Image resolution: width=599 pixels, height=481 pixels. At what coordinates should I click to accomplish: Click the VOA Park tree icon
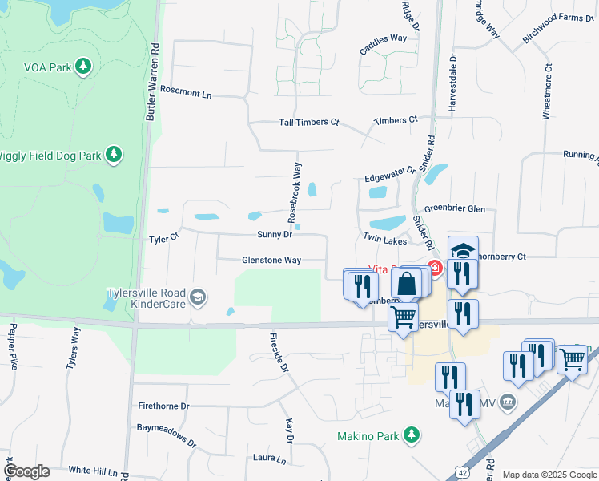click(82, 67)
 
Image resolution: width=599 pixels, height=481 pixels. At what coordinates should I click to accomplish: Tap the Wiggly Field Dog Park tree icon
click(114, 154)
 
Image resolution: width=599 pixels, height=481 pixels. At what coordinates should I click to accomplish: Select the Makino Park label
click(367, 437)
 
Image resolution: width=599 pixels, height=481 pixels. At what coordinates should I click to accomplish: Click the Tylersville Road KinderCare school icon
click(197, 299)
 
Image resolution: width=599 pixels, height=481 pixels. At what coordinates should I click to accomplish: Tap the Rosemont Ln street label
click(186, 93)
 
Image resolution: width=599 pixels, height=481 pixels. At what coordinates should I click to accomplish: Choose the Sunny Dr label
click(275, 235)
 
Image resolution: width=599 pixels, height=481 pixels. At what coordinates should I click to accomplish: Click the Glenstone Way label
click(271, 260)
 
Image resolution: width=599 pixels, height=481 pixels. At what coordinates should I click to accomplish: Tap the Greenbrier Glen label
click(455, 208)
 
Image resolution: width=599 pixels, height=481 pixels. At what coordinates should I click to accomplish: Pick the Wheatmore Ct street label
click(548, 92)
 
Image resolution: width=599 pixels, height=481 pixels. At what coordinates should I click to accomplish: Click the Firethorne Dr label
click(163, 406)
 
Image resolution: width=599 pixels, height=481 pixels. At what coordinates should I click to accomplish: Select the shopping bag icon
click(407, 285)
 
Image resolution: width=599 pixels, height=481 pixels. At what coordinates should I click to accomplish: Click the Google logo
click(26, 471)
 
